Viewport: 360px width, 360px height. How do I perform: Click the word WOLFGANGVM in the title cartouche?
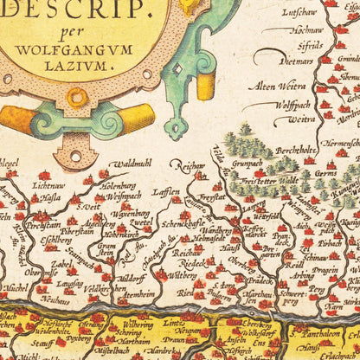click(x=91, y=49)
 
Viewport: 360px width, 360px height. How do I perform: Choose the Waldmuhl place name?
click(x=132, y=162)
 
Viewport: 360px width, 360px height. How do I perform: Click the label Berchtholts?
click(x=287, y=147)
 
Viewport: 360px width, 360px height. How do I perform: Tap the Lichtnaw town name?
click(x=48, y=185)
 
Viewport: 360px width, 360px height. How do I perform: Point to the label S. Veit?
click(x=88, y=206)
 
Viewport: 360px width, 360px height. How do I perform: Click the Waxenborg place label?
click(x=128, y=213)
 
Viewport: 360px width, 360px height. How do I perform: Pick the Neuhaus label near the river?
click(x=55, y=300)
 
